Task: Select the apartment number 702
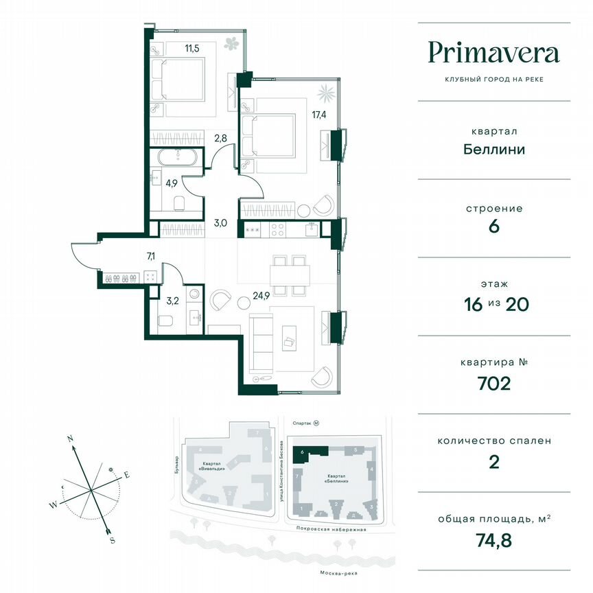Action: point(493,382)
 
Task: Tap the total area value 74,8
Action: point(493,540)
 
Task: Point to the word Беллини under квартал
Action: point(493,148)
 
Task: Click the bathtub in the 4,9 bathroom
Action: point(177,157)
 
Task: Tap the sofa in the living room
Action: point(261,341)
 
